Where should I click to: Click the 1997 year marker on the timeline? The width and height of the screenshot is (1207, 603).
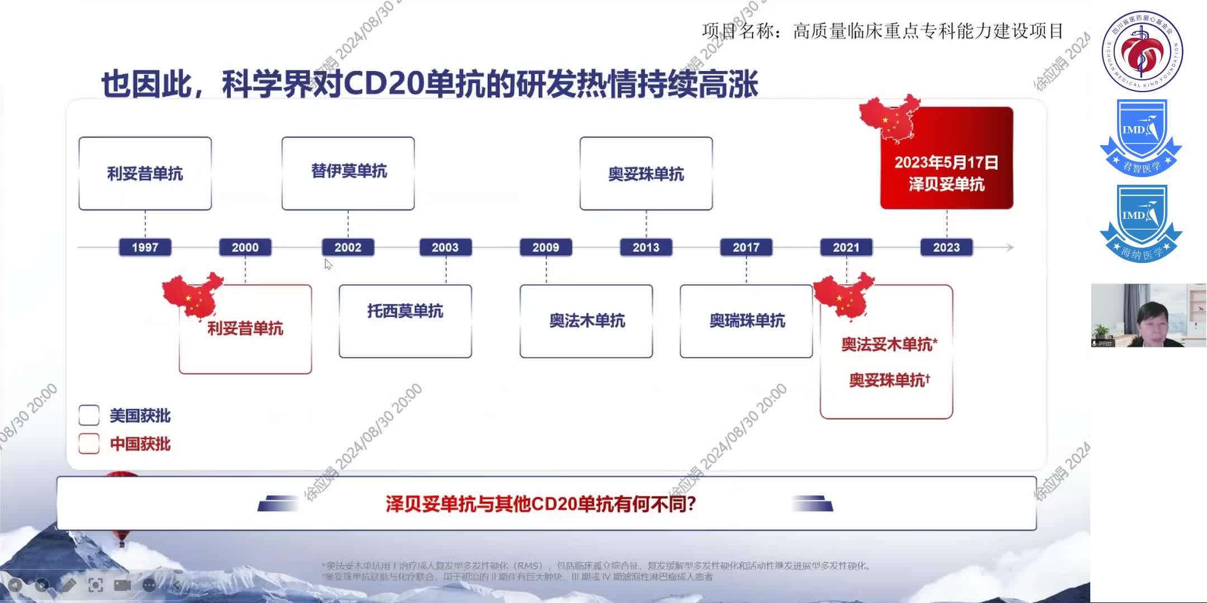coord(145,247)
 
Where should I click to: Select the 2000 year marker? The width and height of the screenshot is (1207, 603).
coord(245,247)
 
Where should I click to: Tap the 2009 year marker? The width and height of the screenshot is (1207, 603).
coord(545,247)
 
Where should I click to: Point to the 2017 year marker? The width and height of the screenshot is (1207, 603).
coord(746,247)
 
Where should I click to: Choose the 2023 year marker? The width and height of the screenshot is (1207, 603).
coord(946,247)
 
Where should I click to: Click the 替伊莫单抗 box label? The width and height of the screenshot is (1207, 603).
coord(349,171)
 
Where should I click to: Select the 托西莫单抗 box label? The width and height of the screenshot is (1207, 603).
coord(405,311)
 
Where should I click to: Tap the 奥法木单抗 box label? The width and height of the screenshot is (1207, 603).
coord(587,320)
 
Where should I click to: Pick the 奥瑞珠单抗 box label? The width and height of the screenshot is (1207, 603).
coord(747,320)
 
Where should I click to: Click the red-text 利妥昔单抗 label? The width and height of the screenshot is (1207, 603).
coord(245,328)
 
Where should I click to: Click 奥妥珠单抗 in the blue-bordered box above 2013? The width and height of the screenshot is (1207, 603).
coord(646,174)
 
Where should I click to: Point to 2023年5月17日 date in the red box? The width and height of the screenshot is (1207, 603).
coord(946,162)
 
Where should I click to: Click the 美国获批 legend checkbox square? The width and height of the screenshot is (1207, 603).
coord(89,415)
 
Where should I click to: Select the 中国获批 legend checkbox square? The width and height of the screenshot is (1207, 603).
coord(89,444)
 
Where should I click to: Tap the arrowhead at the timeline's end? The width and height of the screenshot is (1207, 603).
coord(1009,247)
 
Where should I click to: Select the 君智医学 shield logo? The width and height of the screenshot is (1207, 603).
coord(1141,137)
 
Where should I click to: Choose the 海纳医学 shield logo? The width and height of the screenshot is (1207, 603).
coord(1141,223)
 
